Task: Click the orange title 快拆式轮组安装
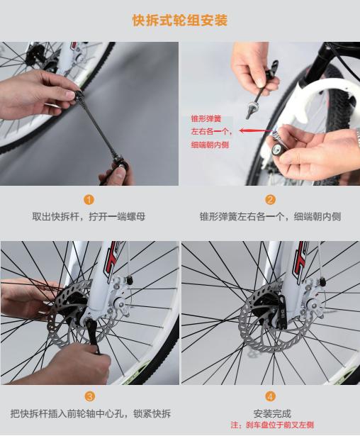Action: click(x=180, y=21)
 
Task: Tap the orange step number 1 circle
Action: click(x=89, y=200)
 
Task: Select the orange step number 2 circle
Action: click(x=270, y=200)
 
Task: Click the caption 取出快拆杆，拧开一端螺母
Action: click(x=89, y=216)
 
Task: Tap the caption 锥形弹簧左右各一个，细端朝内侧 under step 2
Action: click(x=270, y=216)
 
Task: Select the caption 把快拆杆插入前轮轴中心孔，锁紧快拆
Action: click(x=90, y=413)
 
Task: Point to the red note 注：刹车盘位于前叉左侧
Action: click(x=271, y=425)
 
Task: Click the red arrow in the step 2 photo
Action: click(x=252, y=131)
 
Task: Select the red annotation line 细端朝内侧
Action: click(x=210, y=145)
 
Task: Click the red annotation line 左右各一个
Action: click(x=210, y=132)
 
